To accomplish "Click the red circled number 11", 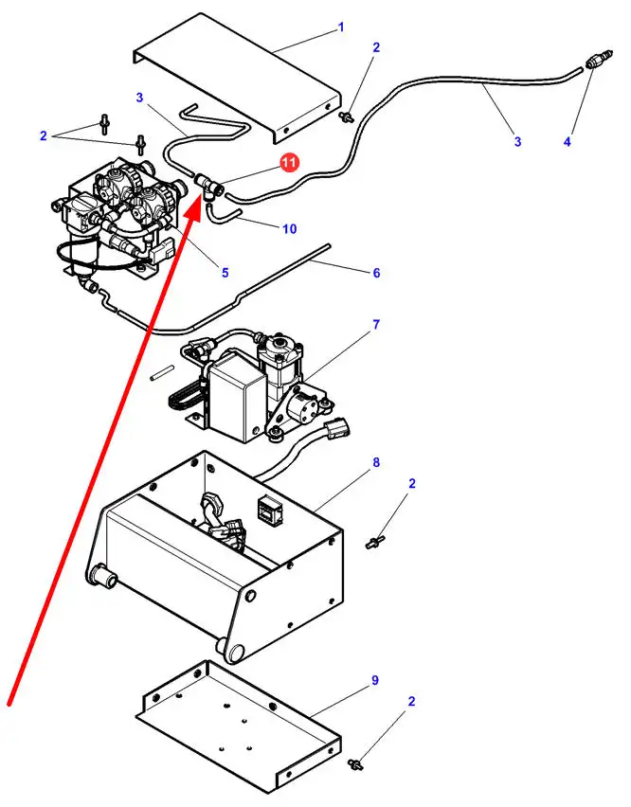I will [x=290, y=162].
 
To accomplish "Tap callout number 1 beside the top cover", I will [x=341, y=28].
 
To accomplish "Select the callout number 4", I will [x=567, y=142].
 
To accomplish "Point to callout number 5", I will [x=225, y=273].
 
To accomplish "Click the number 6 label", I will [x=376, y=273].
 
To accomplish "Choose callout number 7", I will [x=376, y=325].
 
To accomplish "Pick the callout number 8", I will [x=376, y=463].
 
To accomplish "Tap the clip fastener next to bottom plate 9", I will [x=358, y=762].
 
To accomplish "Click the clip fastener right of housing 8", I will [x=374, y=543].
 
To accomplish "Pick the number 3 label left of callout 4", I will [x=517, y=142].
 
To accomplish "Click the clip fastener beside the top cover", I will [x=349, y=117].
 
